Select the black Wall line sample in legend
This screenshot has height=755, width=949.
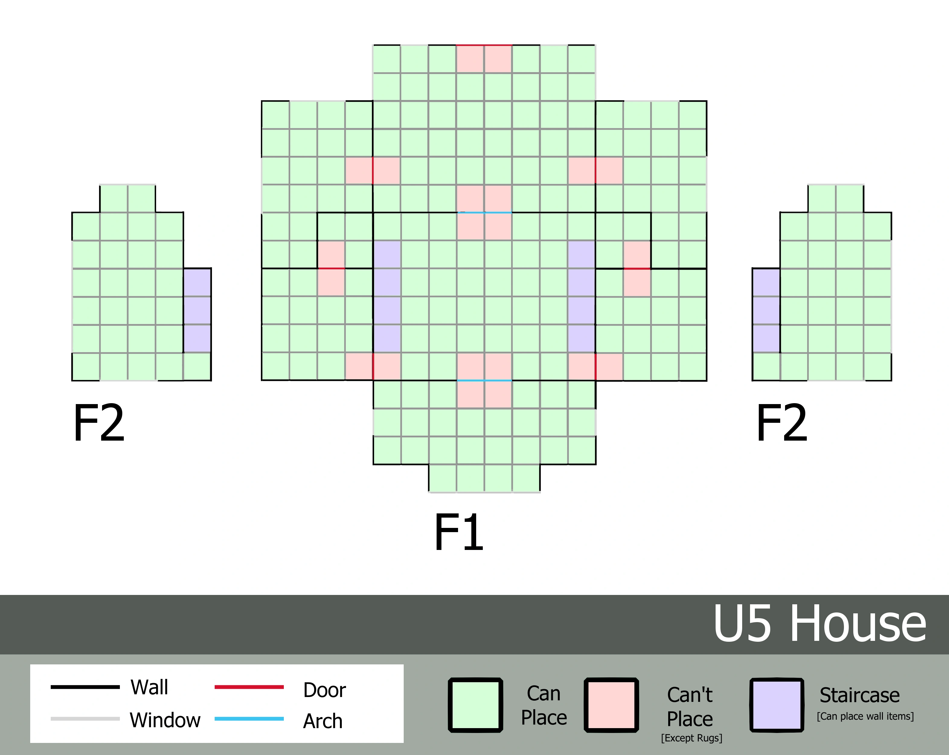point(85,687)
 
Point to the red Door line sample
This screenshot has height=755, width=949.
point(249,687)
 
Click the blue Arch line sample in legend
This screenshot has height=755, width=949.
point(249,719)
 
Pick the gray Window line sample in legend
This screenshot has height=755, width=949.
point(85,719)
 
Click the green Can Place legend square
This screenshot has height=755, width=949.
point(475,705)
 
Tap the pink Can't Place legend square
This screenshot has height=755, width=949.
point(611,705)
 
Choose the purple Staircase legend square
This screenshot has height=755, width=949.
point(777,705)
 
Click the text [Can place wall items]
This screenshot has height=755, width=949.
point(865,716)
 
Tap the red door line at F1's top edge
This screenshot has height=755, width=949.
point(484,45)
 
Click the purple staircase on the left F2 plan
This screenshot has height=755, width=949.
point(197,310)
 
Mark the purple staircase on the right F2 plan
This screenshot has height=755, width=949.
point(766,310)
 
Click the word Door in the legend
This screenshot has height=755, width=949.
point(324,690)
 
